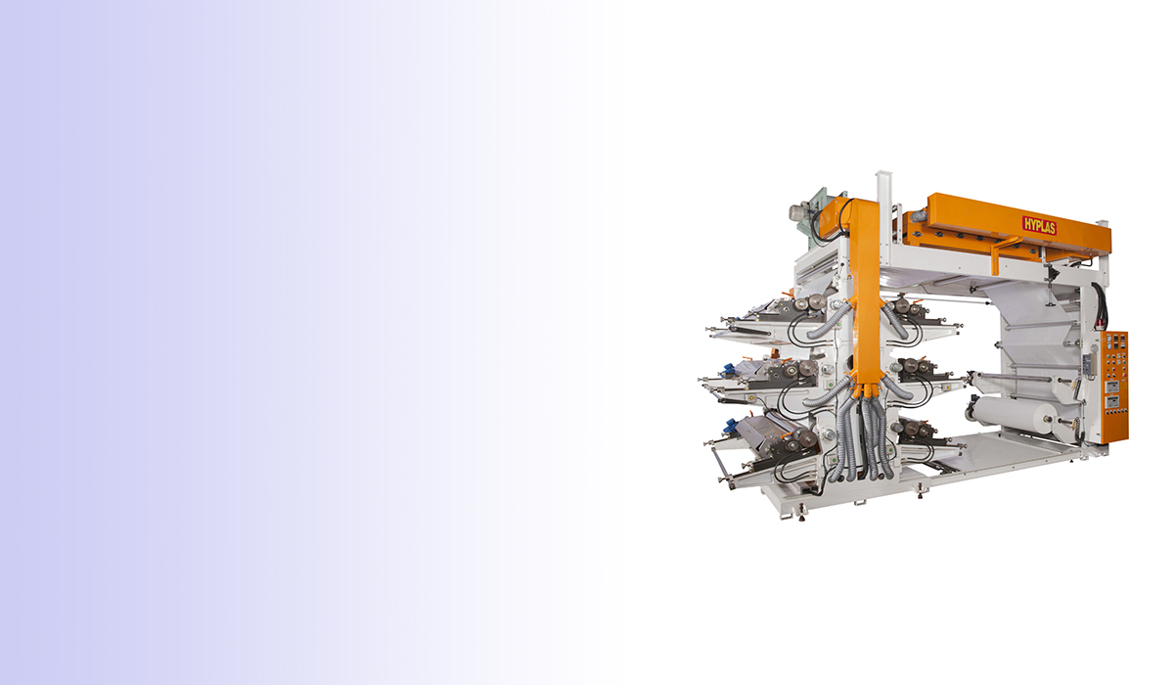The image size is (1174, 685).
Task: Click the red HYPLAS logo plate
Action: click(1039, 226)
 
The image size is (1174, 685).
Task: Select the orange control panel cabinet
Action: click(1111, 387)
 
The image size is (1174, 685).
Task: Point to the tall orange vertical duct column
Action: click(866, 294)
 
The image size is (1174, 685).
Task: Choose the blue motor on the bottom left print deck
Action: click(730, 425)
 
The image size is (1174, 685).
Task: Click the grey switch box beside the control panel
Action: click(1089, 365)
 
